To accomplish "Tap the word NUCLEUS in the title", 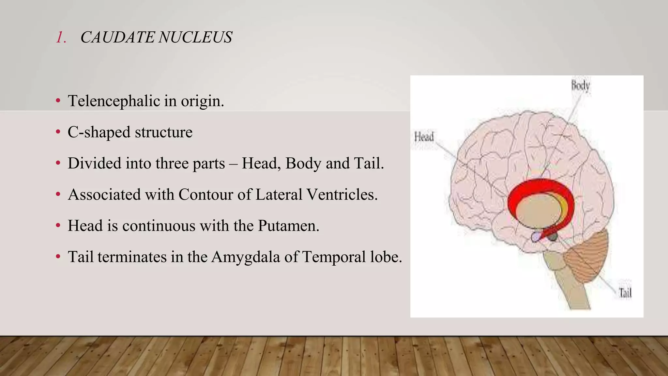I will pyautogui.click(x=195, y=37).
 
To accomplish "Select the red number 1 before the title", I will pyautogui.click(x=61, y=37).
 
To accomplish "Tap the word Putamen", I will pyautogui.click(x=288, y=226).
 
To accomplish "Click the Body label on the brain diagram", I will pyautogui.click(x=580, y=86).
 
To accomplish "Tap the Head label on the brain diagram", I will pyautogui.click(x=424, y=137).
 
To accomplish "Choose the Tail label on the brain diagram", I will pyautogui.click(x=625, y=293).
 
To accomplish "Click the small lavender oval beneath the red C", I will pyautogui.click(x=536, y=237).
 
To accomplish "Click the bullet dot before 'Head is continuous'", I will pyautogui.click(x=58, y=226).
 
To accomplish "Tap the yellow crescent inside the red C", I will pyautogui.click(x=564, y=206).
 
